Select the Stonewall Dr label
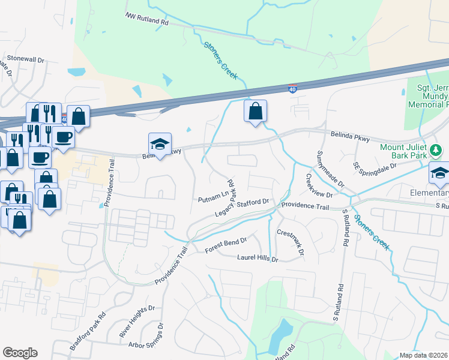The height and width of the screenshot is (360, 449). tap(26, 60)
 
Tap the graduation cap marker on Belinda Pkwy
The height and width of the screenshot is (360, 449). tap(160, 145)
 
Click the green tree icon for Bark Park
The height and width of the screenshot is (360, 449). tap(438, 149)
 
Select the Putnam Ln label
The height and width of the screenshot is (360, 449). tap(214, 196)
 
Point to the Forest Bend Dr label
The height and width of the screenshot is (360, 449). tap(226, 243)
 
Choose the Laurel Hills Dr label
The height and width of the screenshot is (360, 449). tap(258, 259)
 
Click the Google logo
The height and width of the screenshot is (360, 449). tap(20, 353)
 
